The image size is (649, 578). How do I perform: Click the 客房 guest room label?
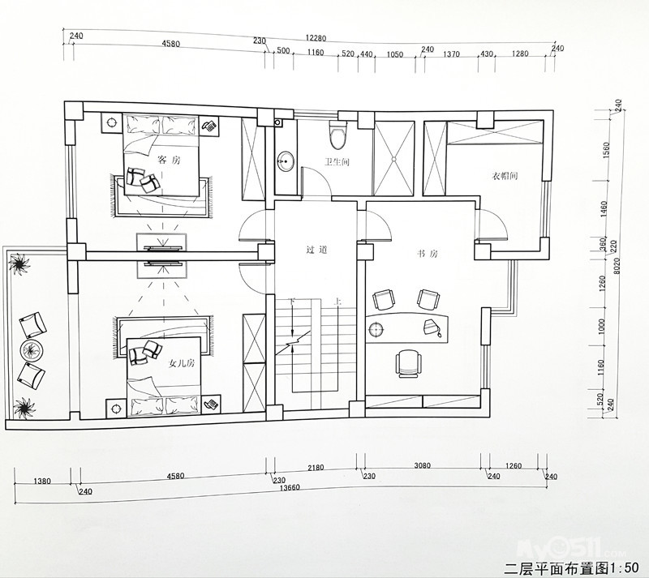pos(170,160)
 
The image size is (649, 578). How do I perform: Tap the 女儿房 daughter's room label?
pos(181,364)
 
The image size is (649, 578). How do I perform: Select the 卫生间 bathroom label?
pos(337,162)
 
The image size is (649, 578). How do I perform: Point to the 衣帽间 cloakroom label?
pos(505,176)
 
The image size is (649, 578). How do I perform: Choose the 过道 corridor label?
pos(316,250)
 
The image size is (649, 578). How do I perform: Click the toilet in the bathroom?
pos(338,134)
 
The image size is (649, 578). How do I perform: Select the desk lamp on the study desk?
pos(432,328)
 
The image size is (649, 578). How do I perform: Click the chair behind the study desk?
pos(409,363)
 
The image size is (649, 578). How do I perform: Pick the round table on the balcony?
pos(31,350)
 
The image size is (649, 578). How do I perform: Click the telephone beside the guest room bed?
pos(210,126)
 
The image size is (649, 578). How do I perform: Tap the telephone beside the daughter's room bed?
pos(212,403)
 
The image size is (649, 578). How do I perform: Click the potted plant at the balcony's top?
pos(19,265)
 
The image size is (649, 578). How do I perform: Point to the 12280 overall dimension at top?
pos(316,38)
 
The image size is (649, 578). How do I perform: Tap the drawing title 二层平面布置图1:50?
pos(576,567)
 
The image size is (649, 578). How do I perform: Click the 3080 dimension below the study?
pos(422,465)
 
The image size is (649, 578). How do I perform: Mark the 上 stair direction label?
pos(338,303)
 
